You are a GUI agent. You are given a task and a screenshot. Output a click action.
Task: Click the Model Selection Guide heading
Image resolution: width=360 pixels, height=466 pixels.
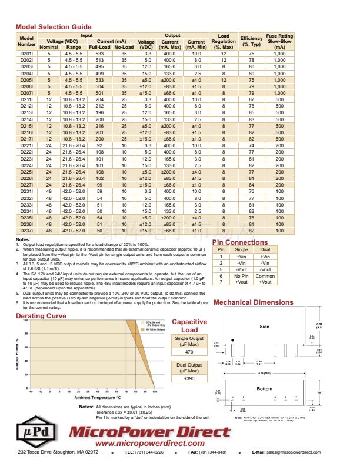click(54, 27)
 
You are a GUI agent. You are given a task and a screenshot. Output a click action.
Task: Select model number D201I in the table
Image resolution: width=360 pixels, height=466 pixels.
click(27, 54)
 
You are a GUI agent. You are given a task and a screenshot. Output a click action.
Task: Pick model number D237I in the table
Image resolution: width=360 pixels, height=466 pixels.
click(27, 231)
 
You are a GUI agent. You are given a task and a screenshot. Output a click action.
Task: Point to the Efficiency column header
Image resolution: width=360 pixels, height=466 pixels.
click(251, 41)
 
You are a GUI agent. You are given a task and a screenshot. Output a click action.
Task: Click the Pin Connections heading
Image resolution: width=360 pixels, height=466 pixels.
click(239, 242)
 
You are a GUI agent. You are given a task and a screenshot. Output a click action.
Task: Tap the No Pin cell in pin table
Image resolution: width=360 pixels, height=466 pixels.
click(241, 275)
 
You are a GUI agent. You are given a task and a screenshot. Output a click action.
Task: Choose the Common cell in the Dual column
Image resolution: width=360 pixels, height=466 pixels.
click(265, 275)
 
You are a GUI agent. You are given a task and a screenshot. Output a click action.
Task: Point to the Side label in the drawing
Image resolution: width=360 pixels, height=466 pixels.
click(265, 326)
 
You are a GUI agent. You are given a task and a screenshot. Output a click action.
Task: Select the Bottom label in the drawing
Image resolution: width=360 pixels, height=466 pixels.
click(265, 389)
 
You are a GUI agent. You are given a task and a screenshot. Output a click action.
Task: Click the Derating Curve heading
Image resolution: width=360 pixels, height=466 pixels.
click(41, 316)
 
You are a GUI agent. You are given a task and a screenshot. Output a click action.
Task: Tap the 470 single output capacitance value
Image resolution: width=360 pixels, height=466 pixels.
click(189, 352)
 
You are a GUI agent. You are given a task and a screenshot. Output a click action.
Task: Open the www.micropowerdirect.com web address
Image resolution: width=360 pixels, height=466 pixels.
click(149, 443)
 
